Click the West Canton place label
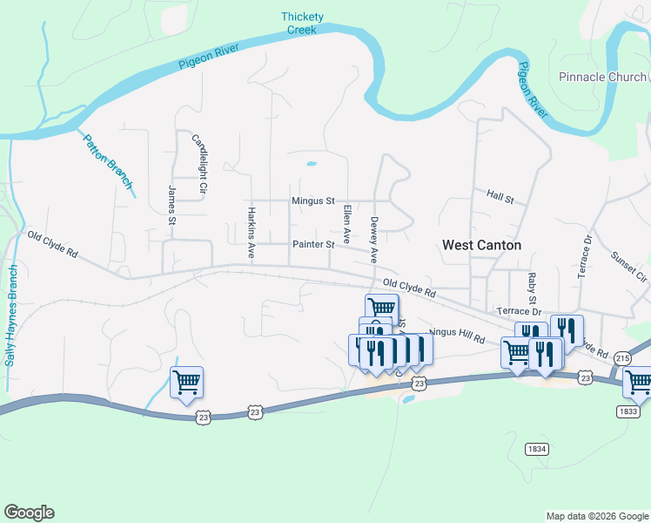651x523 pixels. pyautogui.click(x=481, y=245)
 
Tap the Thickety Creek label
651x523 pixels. pyautogui.click(x=302, y=23)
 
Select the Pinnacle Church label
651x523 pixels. pyautogui.click(x=602, y=77)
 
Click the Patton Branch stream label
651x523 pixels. pyautogui.click(x=109, y=160)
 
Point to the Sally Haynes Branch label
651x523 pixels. pyautogui.click(x=11, y=316)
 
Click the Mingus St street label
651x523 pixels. pyautogui.click(x=312, y=201)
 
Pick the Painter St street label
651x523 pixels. pyautogui.click(x=313, y=245)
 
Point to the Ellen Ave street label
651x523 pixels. pyautogui.click(x=346, y=224)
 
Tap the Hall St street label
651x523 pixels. pyautogui.click(x=500, y=198)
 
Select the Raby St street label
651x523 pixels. pyautogui.click(x=531, y=287)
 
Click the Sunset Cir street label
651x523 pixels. pyautogui.click(x=629, y=268)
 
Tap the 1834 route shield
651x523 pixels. pyautogui.click(x=537, y=449)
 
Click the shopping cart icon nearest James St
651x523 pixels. pyautogui.click(x=186, y=383)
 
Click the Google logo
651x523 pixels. pyautogui.click(x=29, y=513)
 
